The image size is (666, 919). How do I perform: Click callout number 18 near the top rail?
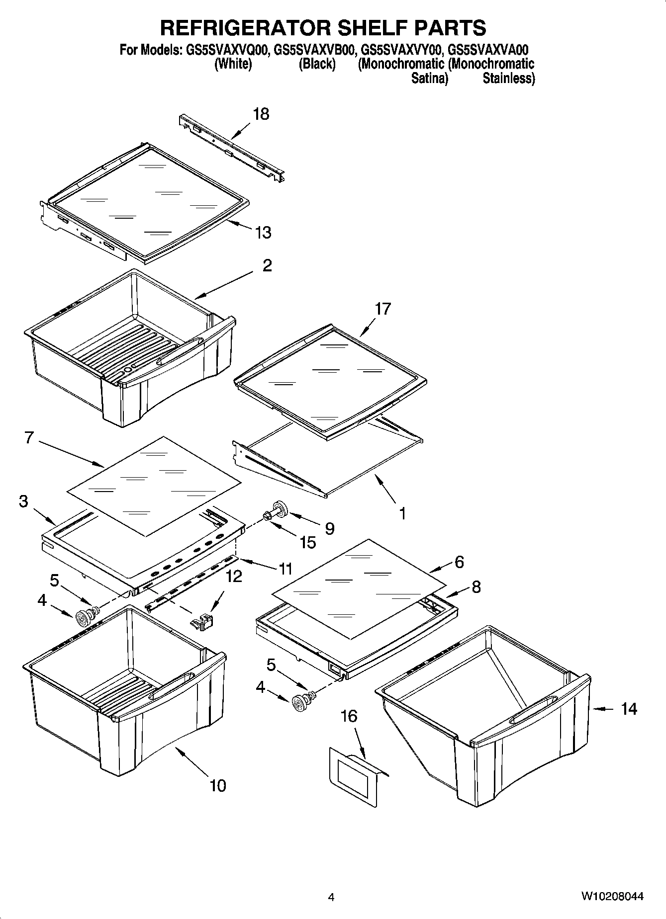pyautogui.click(x=261, y=114)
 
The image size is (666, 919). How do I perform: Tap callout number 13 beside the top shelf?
pyautogui.click(x=263, y=232)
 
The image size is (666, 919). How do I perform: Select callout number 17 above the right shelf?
pyautogui.click(x=382, y=309)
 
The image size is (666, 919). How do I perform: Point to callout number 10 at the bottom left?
pyautogui.click(x=218, y=785)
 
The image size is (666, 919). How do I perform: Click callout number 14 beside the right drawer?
pyautogui.click(x=629, y=708)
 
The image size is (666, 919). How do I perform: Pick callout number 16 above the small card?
pyautogui.click(x=349, y=716)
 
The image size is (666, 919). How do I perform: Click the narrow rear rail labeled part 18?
pyautogui.click(x=232, y=147)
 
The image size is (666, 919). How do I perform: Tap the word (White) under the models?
pyautogui.click(x=233, y=64)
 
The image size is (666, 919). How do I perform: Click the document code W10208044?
pyautogui.click(x=612, y=896)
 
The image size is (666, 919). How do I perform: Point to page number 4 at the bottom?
pyautogui.click(x=331, y=897)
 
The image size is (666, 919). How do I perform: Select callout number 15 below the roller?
pyautogui.click(x=308, y=542)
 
